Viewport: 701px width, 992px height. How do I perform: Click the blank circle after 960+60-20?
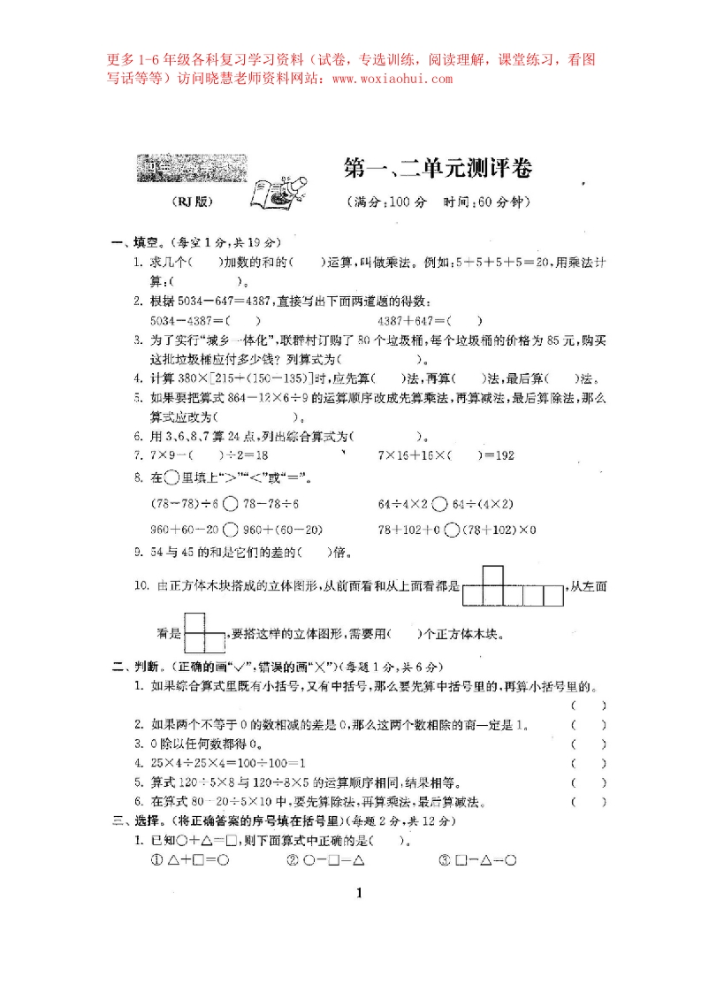click(231, 530)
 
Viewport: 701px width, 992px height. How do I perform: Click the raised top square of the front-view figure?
click(492, 575)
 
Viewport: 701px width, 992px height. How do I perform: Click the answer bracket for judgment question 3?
click(589, 744)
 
